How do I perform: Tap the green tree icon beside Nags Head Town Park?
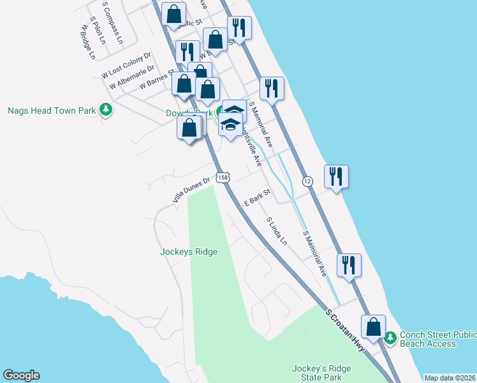click(106, 110)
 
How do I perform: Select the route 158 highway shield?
click(222, 177)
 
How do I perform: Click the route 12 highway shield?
click(307, 181)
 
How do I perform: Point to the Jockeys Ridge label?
click(188, 252)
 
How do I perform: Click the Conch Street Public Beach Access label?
click(437, 339)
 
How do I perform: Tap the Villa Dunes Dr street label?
click(191, 190)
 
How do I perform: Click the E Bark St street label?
click(258, 195)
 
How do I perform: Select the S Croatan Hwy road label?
click(347, 330)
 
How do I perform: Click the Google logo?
click(21, 375)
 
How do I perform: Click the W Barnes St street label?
click(151, 80)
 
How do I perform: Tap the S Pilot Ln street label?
click(98, 30)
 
